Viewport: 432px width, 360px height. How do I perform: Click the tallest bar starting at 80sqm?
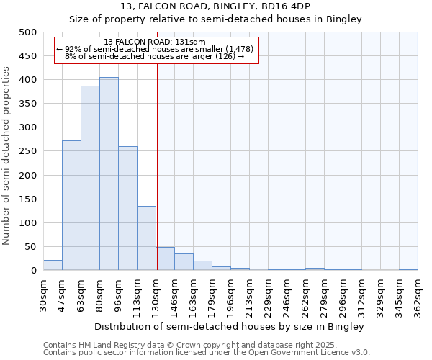(x=109, y=174)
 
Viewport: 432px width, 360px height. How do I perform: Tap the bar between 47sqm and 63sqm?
(x=71, y=205)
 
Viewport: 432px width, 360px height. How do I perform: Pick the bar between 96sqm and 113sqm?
(x=127, y=208)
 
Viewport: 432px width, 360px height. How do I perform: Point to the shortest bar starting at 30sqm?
(x=53, y=265)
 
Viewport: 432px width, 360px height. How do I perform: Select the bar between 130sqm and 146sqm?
(x=165, y=258)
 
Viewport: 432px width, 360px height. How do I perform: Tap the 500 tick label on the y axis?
(x=28, y=32)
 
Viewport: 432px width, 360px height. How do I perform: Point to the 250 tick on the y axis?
(x=28, y=151)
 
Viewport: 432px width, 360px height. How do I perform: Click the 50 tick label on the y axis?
(x=31, y=247)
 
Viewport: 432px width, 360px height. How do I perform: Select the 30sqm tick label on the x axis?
(x=44, y=295)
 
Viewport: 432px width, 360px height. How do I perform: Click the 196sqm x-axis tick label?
(x=230, y=295)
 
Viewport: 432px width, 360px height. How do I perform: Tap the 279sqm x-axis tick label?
(x=324, y=295)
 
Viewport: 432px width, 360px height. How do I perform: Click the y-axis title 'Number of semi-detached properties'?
(x=7, y=155)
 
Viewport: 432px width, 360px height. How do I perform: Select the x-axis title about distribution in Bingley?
(x=230, y=326)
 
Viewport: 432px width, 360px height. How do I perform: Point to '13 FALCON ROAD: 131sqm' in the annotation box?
(x=154, y=42)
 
